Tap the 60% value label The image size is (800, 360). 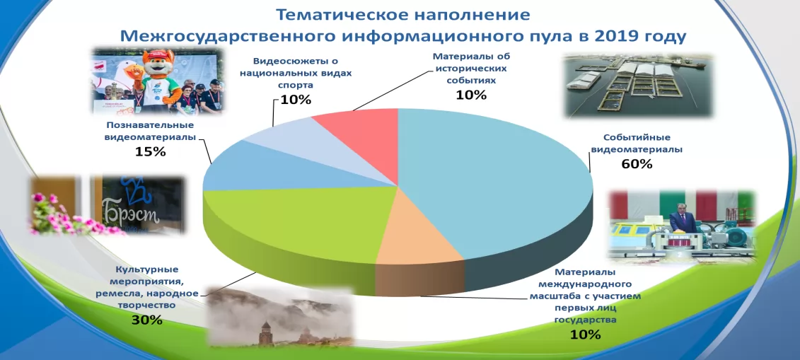point(637,164)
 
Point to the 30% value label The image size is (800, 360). point(146,320)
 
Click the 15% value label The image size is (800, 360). point(151,151)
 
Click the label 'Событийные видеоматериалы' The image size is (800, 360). point(636,144)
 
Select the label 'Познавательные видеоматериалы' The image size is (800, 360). point(151,131)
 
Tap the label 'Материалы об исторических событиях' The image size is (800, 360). point(472,69)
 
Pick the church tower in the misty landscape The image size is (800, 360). point(267,333)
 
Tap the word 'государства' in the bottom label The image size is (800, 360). point(585,320)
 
